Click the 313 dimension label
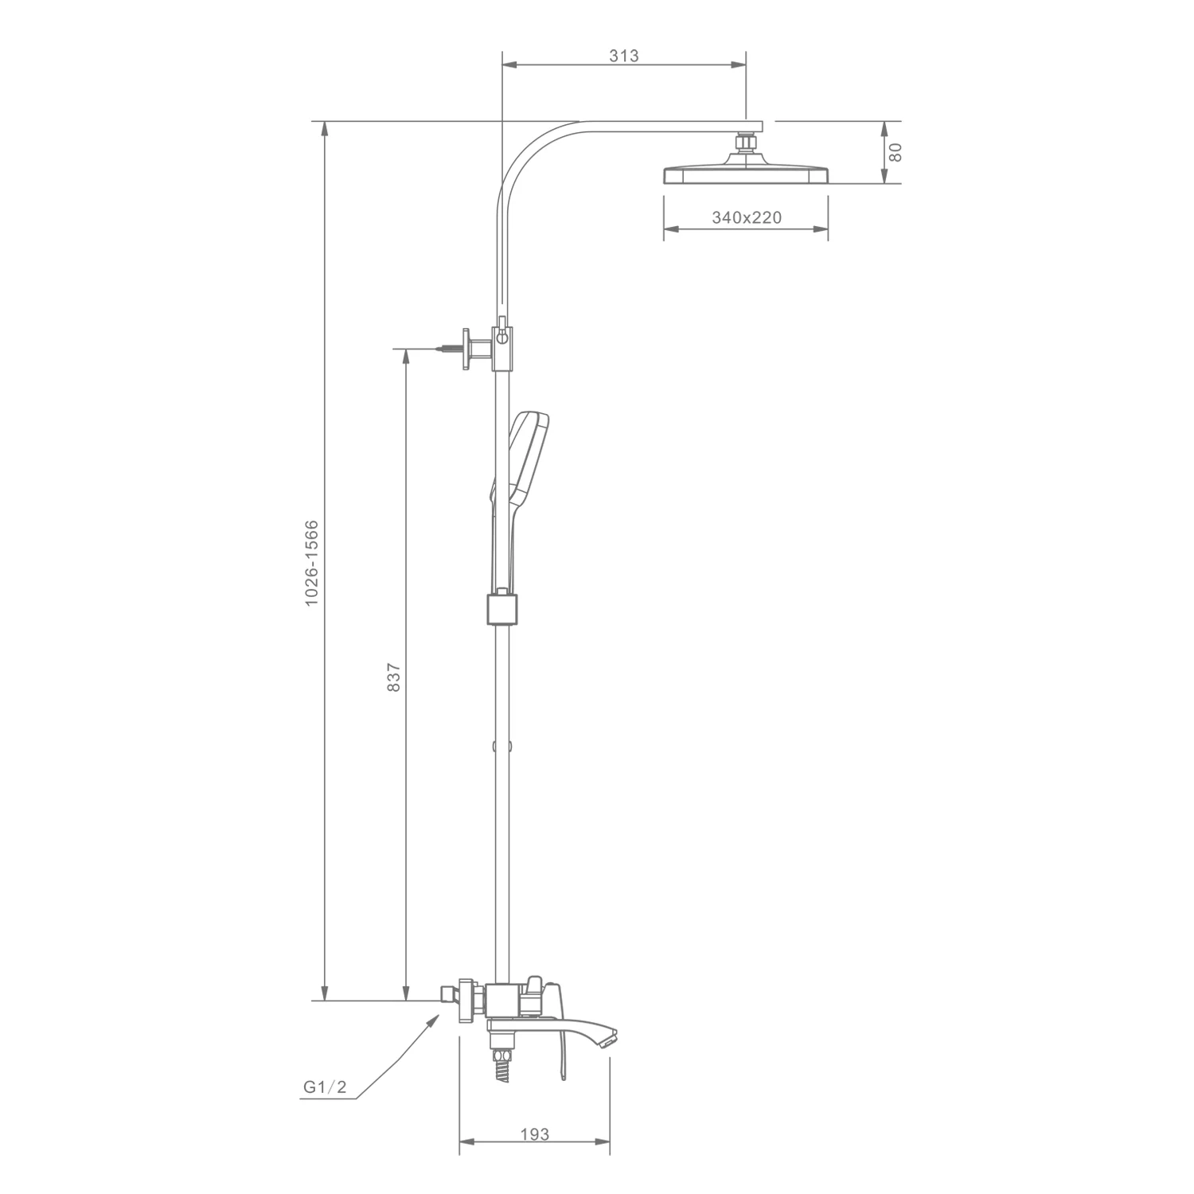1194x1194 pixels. pyautogui.click(x=624, y=56)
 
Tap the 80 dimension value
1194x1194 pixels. pyautogui.click(x=895, y=152)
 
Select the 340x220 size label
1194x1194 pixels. pyautogui.click(x=747, y=217)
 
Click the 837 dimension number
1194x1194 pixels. pyautogui.click(x=393, y=677)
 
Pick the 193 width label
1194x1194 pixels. pyautogui.click(x=534, y=1134)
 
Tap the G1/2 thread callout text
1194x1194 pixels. pyautogui.click(x=325, y=1087)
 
